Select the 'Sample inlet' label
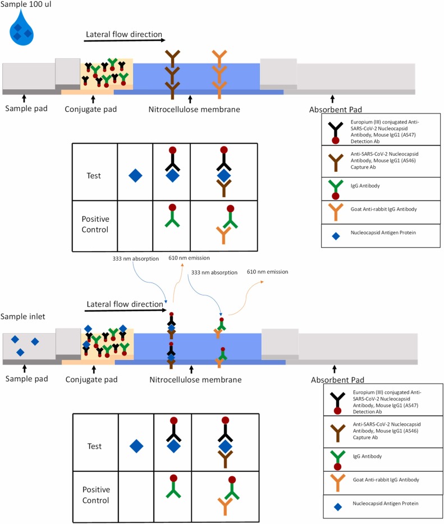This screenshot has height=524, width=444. (x=23, y=317)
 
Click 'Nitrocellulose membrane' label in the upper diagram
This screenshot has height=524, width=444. (x=194, y=109)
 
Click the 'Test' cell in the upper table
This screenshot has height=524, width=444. (x=94, y=176)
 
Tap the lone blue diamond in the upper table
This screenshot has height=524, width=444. (x=135, y=176)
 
